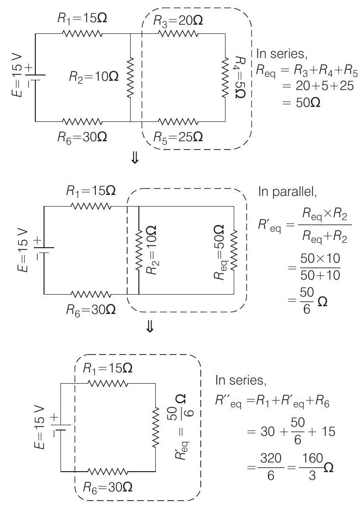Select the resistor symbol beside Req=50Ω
[234, 249]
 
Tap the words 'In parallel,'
[287, 192]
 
